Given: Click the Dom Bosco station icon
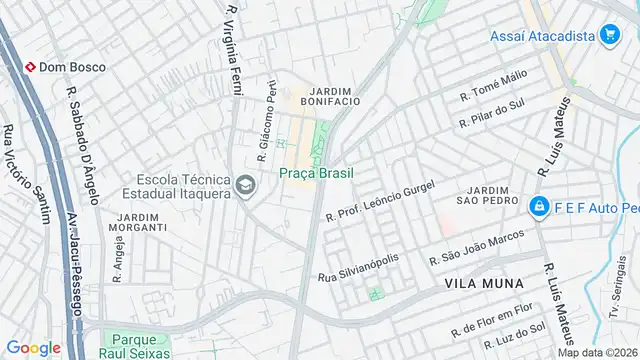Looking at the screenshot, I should pyautogui.click(x=30, y=67).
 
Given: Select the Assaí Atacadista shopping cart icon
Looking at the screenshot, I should pyautogui.click(x=609, y=36).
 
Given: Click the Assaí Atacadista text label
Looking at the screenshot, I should pyautogui.click(x=542, y=36).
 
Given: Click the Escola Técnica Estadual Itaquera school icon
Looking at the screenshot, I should pyautogui.click(x=246, y=186).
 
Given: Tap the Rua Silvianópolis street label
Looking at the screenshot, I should pyautogui.click(x=359, y=266).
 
